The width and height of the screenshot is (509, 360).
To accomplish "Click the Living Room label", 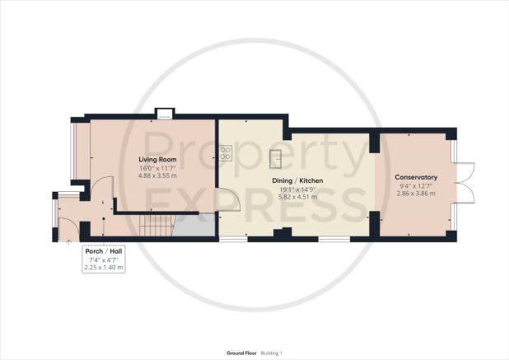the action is (157, 159).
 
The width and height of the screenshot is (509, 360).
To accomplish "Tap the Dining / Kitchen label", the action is (297, 180).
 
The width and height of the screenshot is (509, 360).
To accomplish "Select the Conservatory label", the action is (416, 177).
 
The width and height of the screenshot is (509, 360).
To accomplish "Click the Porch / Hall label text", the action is (104, 251).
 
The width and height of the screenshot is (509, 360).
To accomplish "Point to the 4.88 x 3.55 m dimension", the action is (157, 175).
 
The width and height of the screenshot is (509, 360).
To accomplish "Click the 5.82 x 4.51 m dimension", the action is (297, 197).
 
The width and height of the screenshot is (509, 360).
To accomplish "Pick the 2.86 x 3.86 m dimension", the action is (416, 194).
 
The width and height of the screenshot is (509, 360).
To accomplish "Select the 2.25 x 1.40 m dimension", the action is (104, 268).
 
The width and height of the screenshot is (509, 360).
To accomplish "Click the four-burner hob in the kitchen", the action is (226, 153).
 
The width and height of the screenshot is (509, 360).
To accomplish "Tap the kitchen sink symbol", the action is (275, 159).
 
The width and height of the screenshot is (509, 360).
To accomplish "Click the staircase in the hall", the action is (156, 225).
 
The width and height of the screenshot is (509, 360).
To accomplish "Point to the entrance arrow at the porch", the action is (69, 242).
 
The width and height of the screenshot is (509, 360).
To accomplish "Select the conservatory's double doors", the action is (465, 183).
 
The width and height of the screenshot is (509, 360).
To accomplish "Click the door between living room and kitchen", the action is (230, 199).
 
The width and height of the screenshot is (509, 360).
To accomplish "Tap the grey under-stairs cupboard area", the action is (194, 225).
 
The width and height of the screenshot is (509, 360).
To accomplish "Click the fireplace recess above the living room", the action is (165, 114).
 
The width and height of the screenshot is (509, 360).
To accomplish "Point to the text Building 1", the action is (271, 353).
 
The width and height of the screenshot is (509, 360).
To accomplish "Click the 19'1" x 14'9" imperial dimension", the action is (297, 189).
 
